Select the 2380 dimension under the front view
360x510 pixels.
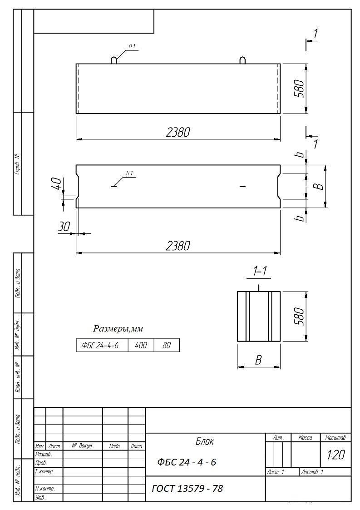tap(178, 132)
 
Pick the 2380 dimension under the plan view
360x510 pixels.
tap(178, 246)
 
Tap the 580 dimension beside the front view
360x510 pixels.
tap(299, 89)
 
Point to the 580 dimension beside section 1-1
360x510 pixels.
tap(299, 316)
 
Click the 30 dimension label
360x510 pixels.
tap(64, 227)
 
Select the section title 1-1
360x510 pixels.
tap(260, 271)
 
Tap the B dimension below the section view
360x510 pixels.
tap(258, 360)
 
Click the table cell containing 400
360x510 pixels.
tap(141, 346)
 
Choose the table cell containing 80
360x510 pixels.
tap(167, 346)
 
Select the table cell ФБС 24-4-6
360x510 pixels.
tap(102, 346)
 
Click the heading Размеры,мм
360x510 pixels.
tap(118, 329)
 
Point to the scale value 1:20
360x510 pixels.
tap(336, 455)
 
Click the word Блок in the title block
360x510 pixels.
tap(205, 441)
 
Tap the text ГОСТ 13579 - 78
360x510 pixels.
tap(187, 488)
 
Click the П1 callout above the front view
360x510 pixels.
tap(132, 47)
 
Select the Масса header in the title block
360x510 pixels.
tap(306, 438)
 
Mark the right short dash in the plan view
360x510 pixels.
tap(242, 186)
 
